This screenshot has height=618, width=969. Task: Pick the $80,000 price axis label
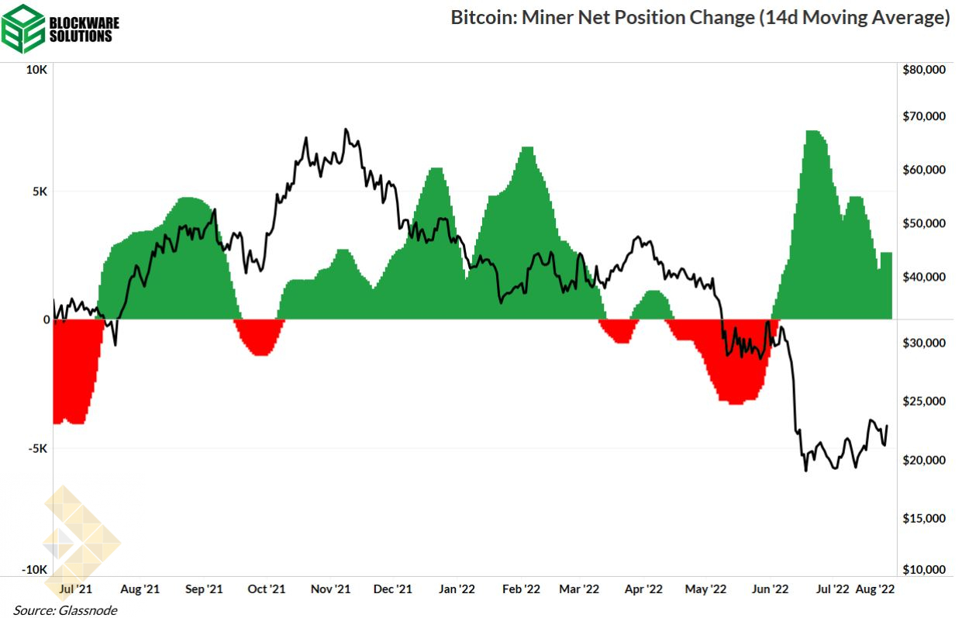pyautogui.click(x=925, y=70)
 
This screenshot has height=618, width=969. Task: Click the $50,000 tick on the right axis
pyautogui.click(x=925, y=223)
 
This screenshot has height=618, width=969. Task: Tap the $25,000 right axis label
pyautogui.click(x=925, y=402)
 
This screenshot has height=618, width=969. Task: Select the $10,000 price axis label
pyautogui.click(x=925, y=570)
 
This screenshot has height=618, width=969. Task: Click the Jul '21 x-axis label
pyautogui.click(x=76, y=589)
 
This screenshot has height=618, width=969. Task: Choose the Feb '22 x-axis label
pyautogui.click(x=521, y=589)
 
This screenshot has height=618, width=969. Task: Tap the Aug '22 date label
pyautogui.click(x=875, y=589)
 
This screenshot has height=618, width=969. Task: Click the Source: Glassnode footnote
pyautogui.click(x=65, y=610)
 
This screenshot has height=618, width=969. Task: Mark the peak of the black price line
pyautogui.click(x=346, y=129)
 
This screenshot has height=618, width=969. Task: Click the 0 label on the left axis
pyautogui.click(x=46, y=319)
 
